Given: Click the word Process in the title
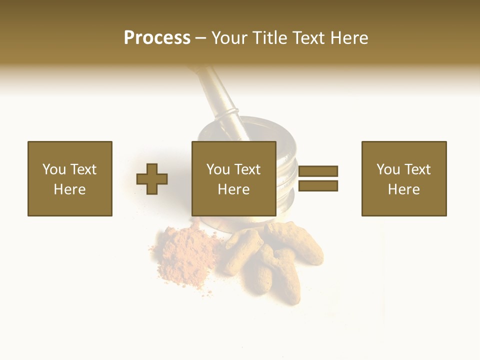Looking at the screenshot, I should click(x=157, y=38).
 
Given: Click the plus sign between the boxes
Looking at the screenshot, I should click(x=152, y=179).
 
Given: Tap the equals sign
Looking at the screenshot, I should click(x=318, y=178).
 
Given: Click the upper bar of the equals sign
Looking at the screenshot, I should click(x=318, y=171).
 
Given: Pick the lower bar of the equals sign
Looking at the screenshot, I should click(x=318, y=186).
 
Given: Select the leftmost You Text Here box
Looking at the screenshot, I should click(x=69, y=178).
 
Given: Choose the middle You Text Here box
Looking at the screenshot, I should click(x=233, y=178).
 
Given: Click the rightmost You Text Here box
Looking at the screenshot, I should click(x=403, y=178).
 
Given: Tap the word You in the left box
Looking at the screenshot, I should click(x=54, y=169).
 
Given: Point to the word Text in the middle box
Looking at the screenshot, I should click(x=247, y=169).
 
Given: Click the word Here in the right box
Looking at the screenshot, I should click(x=403, y=189).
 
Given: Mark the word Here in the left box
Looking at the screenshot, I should click(x=69, y=189).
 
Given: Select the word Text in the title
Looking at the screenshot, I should click(x=306, y=38).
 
